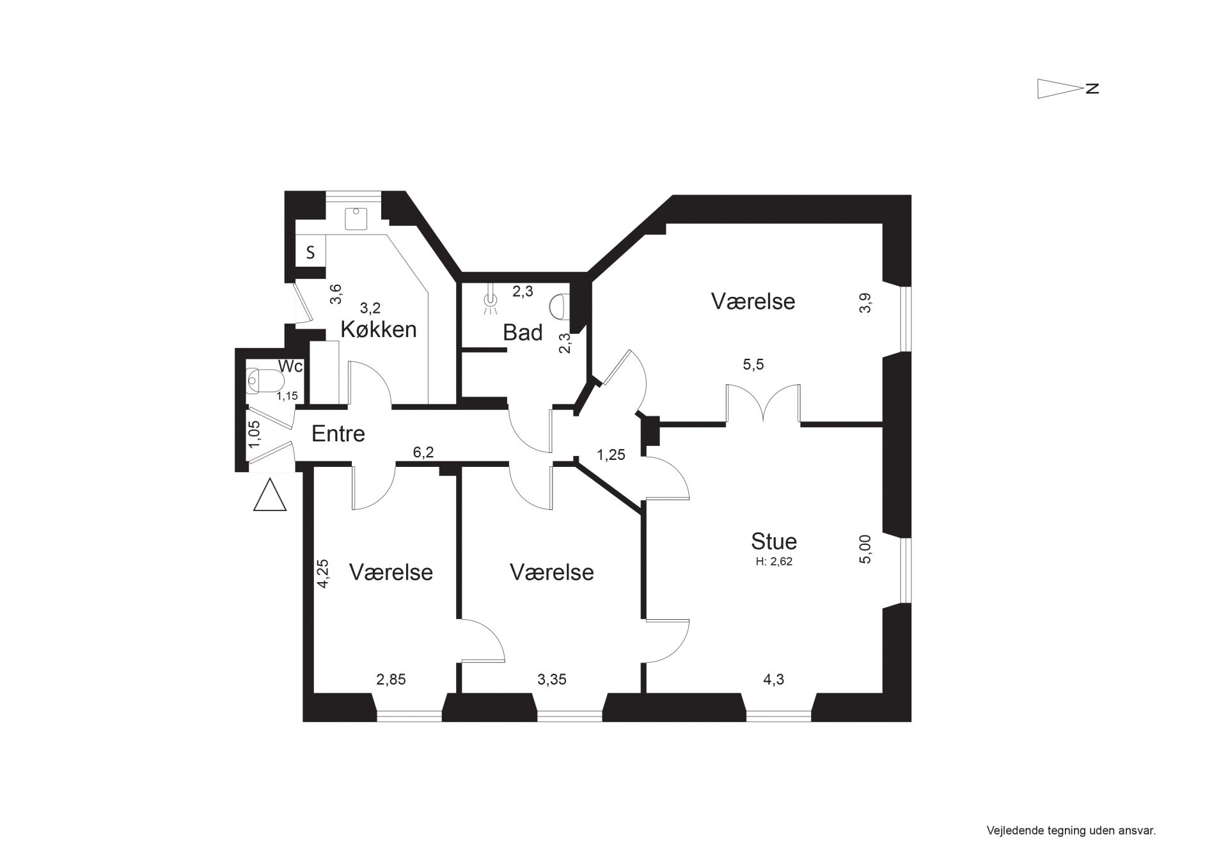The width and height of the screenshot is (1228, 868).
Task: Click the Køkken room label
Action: click(x=379, y=329)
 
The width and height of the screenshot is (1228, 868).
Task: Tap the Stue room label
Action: click(x=774, y=541)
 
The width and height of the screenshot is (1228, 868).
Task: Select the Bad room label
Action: click(x=523, y=333)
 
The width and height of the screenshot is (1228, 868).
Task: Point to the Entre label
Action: click(x=338, y=434)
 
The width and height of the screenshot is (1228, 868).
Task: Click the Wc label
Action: click(x=290, y=367)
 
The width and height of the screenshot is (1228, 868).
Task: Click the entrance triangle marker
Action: click(x=270, y=494)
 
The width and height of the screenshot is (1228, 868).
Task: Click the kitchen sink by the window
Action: click(x=356, y=219)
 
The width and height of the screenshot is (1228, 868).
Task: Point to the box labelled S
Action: click(x=311, y=252)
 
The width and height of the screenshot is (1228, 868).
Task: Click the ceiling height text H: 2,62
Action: click(x=775, y=562)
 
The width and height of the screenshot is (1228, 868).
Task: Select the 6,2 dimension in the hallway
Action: click(x=423, y=453)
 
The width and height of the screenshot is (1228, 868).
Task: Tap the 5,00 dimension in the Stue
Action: click(x=865, y=549)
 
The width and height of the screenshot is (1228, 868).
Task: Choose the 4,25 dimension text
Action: click(x=323, y=574)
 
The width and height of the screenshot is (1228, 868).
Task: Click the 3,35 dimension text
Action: click(x=552, y=679)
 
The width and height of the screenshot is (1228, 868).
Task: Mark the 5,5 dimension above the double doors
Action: click(x=753, y=365)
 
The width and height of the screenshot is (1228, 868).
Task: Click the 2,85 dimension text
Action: click(x=391, y=679)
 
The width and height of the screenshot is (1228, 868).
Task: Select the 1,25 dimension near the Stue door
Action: click(x=611, y=455)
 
